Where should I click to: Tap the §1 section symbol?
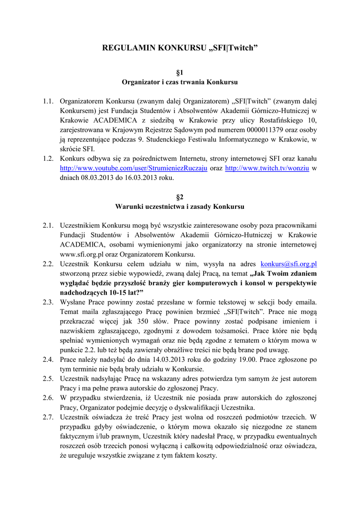pos(180,72)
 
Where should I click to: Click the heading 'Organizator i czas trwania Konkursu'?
pos(180,81)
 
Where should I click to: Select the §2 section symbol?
pos(180,197)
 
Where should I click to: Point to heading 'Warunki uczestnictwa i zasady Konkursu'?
pos(180,206)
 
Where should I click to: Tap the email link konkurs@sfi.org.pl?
pos(288,264)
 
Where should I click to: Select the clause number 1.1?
pos(48,101)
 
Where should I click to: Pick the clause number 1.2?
pos(48,159)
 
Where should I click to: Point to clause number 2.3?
pos(48,302)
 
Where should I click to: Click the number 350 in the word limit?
pos(135,321)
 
